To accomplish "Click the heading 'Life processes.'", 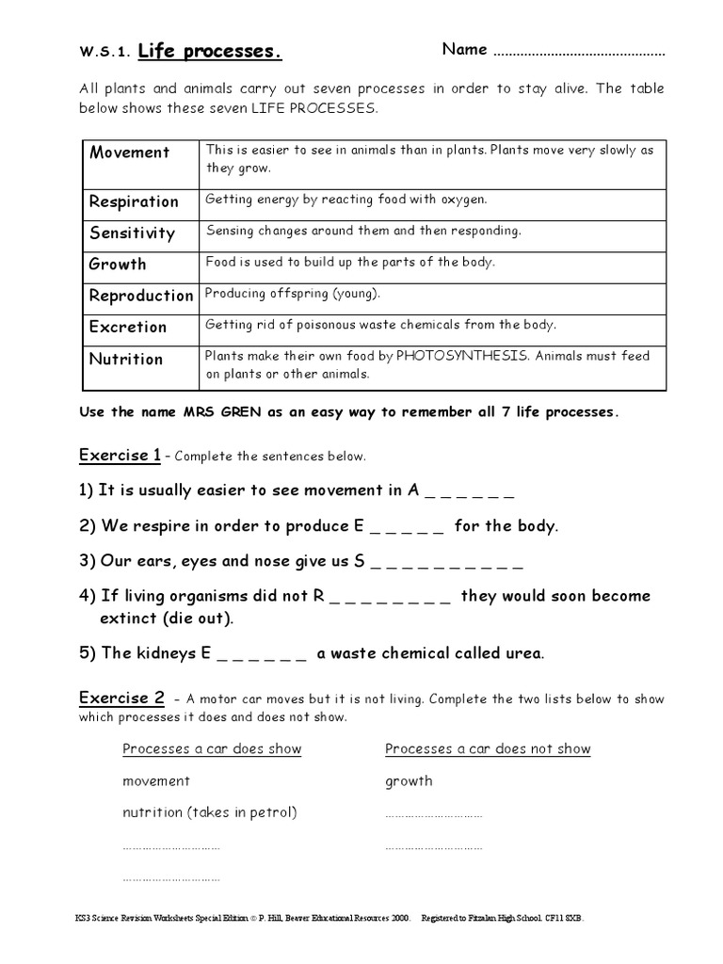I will coord(209,51).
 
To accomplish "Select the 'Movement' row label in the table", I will coord(130,153).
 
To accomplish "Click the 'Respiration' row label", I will coord(134,201).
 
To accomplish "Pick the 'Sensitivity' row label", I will coord(132,233).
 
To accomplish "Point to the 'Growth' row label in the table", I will coord(118,264).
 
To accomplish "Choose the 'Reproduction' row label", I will coord(141,296).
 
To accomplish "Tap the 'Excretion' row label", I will coord(128,327).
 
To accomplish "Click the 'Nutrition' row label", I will coord(126,359).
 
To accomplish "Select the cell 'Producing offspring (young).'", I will coord(293,294).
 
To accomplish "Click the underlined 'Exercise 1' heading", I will coord(120,456).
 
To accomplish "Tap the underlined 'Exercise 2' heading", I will coord(121,698).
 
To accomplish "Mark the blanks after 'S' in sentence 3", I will coord(446,563).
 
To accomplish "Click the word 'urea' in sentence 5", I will coord(523,653).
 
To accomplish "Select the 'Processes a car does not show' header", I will coord(488,749).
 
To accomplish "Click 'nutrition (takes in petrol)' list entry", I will coord(210,812).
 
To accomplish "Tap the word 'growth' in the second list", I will coord(409,781).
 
